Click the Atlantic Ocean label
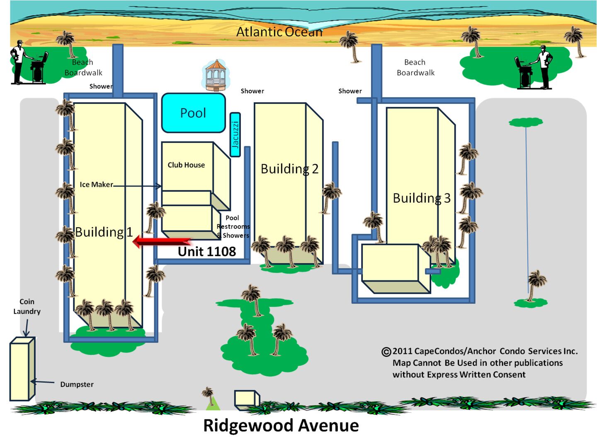279,32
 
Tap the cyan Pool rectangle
193,113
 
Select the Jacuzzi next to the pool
235,135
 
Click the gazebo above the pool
216,75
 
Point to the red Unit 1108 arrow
163,241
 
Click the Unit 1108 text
207,252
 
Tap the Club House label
186,165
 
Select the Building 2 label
289,169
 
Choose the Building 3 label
421,198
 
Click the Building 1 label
104,232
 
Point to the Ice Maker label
96,185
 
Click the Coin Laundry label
27,306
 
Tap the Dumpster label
77,384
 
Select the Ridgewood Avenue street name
281,426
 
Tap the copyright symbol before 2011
386,352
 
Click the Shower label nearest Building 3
350,91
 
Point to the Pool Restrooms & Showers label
233,227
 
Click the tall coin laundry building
22,370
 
